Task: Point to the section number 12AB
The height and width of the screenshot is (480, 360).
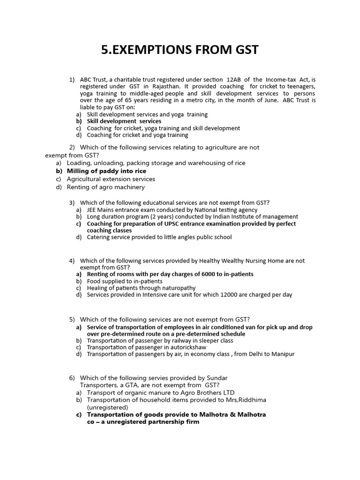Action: (233, 80)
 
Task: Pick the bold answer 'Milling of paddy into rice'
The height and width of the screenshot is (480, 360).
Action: (106, 171)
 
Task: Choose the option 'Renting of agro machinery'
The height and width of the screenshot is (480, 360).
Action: (105, 187)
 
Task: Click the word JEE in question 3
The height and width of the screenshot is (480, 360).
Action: (92, 210)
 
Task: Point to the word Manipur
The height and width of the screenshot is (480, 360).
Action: (283, 354)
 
